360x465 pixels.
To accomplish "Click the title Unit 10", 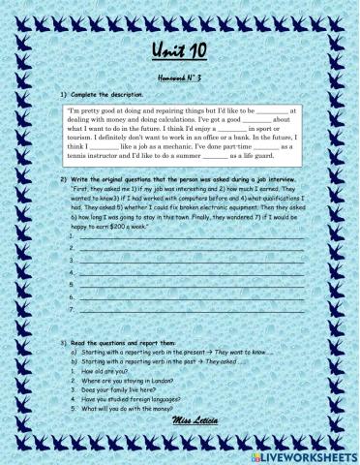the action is pyautogui.click(x=179, y=50).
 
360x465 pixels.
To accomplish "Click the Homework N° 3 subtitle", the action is pyautogui.click(x=180, y=75).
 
